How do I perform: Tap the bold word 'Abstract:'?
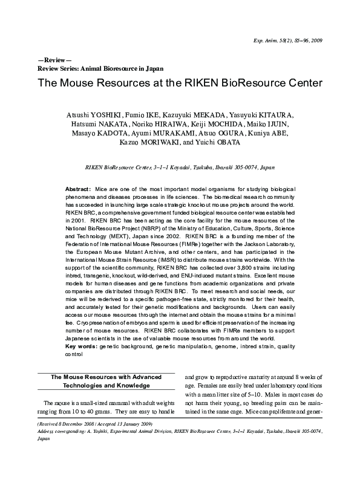(78, 190)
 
